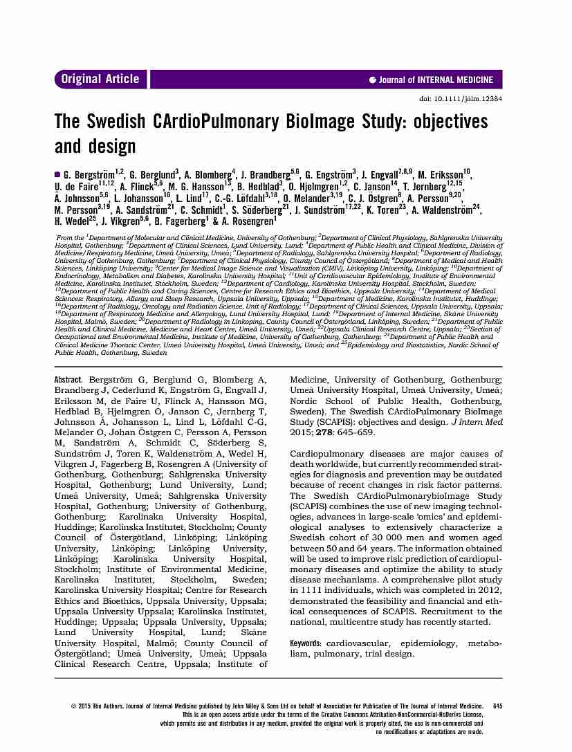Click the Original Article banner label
(x=100, y=79)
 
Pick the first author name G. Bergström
(x=88, y=172)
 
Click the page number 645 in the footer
(x=498, y=706)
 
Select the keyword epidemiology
(x=424, y=643)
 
